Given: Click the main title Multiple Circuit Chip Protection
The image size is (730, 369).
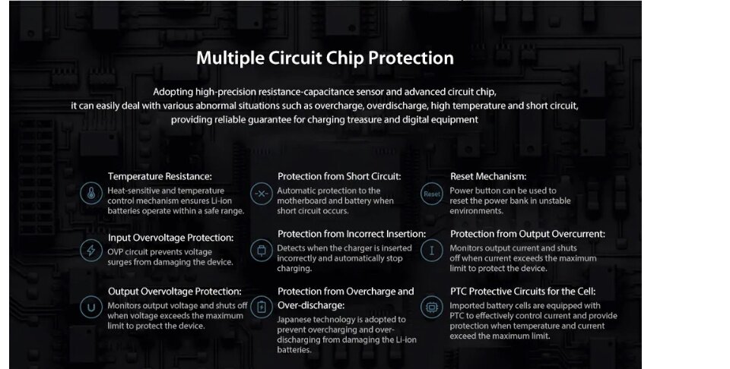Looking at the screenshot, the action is [x=325, y=58].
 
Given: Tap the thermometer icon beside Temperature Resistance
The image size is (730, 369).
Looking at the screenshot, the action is [x=91, y=194].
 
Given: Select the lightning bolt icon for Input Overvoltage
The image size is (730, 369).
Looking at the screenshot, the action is [x=91, y=251].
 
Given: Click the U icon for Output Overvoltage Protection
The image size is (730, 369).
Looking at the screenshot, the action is [x=91, y=307].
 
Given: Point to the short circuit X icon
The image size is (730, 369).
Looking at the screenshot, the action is [x=262, y=194].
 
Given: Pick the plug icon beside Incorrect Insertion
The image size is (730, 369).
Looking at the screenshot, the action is [x=262, y=251].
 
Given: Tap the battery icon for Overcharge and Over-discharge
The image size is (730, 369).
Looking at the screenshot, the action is [x=262, y=307].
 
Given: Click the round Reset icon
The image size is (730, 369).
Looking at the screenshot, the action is [x=432, y=194].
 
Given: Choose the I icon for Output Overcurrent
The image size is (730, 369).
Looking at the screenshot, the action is [x=432, y=251].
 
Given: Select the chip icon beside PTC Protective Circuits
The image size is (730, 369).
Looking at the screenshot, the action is [x=432, y=307].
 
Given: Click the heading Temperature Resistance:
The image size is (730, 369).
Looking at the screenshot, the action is [x=160, y=177].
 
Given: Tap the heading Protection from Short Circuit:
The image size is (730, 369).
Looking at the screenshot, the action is [x=339, y=177].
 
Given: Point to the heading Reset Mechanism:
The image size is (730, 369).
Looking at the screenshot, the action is [x=488, y=177].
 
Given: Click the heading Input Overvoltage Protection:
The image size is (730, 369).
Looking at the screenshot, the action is [x=171, y=238].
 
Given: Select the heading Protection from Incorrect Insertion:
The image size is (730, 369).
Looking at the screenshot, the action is [x=351, y=234].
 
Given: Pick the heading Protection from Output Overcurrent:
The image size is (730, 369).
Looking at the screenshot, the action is [x=528, y=234].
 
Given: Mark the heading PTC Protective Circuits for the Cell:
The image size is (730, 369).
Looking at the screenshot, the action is [x=523, y=292].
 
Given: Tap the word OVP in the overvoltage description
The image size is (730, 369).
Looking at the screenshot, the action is [x=115, y=252].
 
